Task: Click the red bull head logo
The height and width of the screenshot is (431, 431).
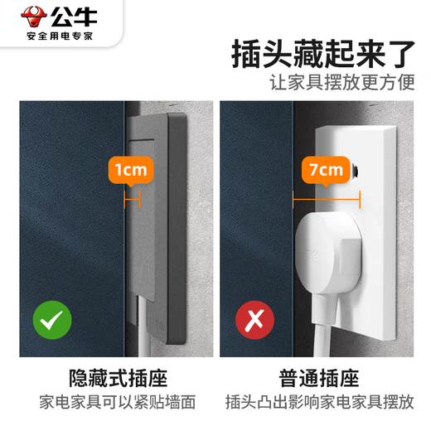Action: [34, 17]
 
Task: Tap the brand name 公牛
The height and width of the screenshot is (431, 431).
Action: [74, 17]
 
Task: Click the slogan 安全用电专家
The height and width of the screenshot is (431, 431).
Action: [60, 36]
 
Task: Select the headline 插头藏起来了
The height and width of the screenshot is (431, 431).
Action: [323, 54]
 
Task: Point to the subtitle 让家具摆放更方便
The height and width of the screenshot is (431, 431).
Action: [342, 82]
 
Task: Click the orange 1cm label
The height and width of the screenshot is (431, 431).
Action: [131, 171]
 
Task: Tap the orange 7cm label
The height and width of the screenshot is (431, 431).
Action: [326, 171]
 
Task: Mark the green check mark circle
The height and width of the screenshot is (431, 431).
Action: [52, 320]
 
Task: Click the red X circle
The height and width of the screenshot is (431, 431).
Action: [254, 320]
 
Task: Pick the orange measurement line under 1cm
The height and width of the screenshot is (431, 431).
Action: [132, 199]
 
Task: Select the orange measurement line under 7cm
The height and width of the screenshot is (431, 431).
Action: [327, 199]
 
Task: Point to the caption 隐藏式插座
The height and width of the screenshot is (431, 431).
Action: [119, 378]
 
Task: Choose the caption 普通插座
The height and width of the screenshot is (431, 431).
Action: [319, 378]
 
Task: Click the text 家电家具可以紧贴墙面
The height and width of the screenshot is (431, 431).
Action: [118, 402]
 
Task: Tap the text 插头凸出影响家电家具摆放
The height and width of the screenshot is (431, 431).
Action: [320, 402]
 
